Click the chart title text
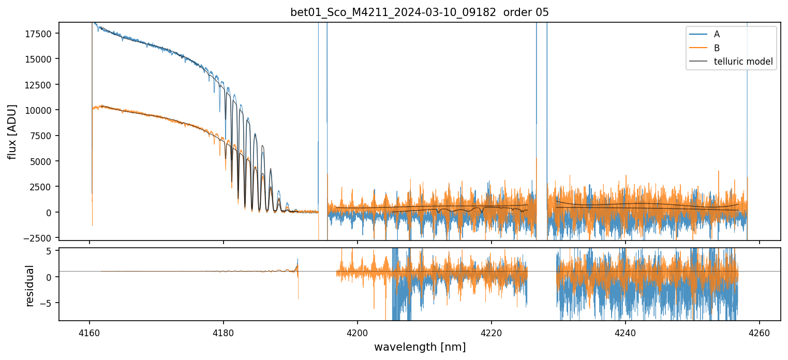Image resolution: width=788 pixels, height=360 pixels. [x=419, y=12]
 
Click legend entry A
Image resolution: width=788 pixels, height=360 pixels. [x=717, y=35]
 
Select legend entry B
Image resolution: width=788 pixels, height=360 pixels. [x=717, y=48]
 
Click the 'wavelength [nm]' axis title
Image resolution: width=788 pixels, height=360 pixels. [x=420, y=347]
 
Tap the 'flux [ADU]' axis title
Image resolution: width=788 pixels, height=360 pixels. [x=12, y=131]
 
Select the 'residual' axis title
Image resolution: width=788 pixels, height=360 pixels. [x=29, y=286]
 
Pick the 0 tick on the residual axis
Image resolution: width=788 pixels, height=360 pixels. [x=50, y=277]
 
